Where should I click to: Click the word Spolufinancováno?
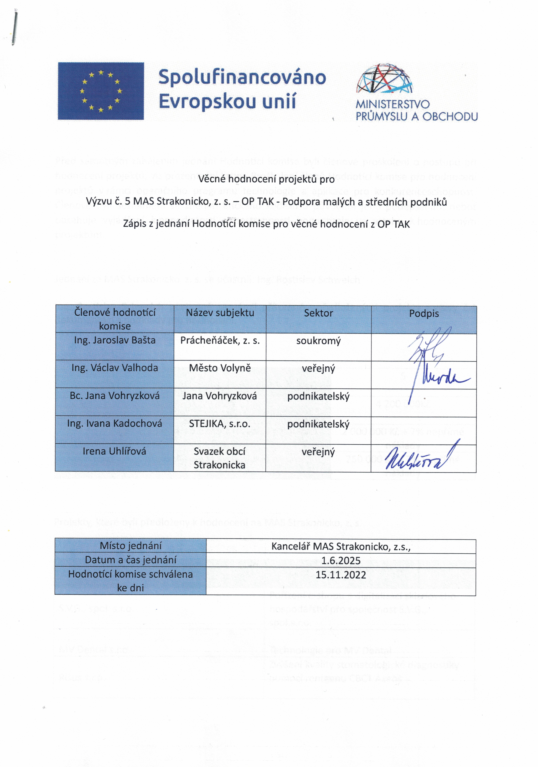(x=242, y=77)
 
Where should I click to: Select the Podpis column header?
(x=424, y=313)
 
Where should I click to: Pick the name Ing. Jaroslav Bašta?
(x=115, y=340)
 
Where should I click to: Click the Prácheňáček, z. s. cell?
(x=220, y=340)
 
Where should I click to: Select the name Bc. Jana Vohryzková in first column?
(x=115, y=396)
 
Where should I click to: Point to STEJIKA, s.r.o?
(x=220, y=424)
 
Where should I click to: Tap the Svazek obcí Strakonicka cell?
(x=220, y=458)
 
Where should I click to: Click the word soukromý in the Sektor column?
(x=318, y=341)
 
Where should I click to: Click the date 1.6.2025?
(x=341, y=561)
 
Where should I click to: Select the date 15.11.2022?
(x=341, y=575)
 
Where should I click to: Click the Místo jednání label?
(x=131, y=546)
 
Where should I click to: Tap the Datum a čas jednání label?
(x=131, y=560)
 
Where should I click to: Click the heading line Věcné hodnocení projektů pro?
(x=266, y=179)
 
